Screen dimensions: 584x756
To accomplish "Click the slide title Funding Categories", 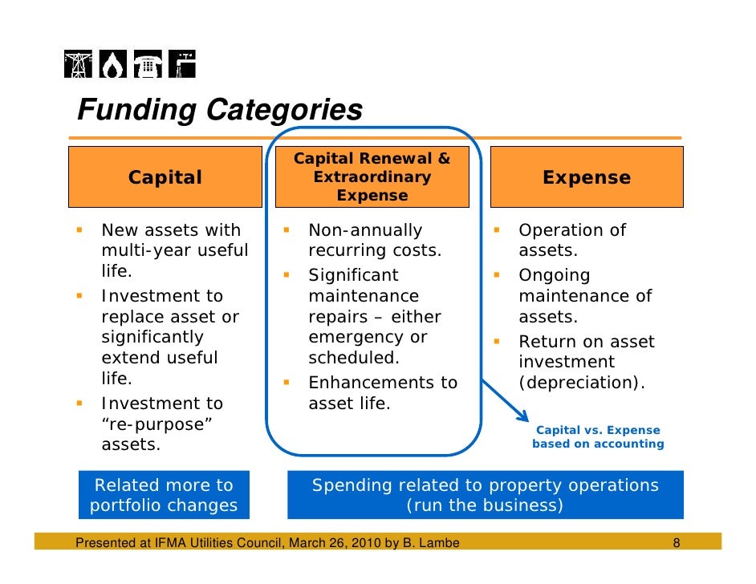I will click(219, 110).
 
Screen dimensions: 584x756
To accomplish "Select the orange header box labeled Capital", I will click(165, 177).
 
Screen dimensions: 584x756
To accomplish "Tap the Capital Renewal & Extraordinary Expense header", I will click(372, 177).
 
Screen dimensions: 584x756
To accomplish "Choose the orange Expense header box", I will click(587, 177).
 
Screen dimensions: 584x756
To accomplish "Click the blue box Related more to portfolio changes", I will click(164, 495).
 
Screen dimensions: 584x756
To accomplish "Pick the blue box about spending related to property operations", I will click(485, 495).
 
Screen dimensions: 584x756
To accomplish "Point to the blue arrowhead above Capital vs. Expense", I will click(522, 415).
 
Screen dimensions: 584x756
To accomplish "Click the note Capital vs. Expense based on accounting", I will click(598, 437).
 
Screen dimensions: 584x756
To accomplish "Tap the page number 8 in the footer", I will click(677, 543).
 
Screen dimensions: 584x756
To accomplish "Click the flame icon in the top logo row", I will click(112, 65).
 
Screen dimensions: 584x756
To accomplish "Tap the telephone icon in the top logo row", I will click(147, 65).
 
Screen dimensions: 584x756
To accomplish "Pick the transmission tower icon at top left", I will click(79, 65).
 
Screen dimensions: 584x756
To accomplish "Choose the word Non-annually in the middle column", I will click(365, 231).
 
